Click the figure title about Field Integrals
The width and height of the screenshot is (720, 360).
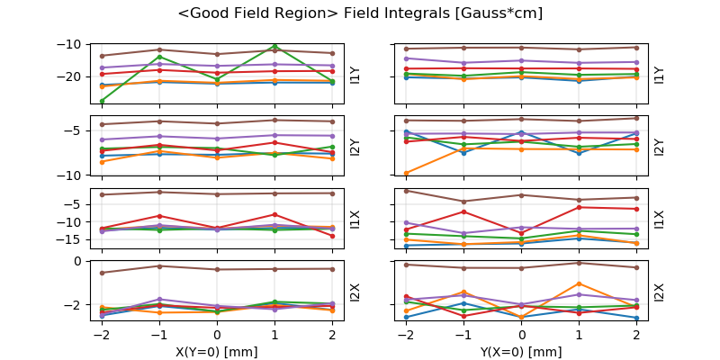tap(360, 13)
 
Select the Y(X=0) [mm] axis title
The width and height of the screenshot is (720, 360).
tap(521, 352)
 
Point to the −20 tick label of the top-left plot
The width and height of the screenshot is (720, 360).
tap(70, 76)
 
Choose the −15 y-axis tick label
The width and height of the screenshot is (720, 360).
tap(70, 239)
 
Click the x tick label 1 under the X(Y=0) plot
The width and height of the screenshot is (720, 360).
tap(274, 334)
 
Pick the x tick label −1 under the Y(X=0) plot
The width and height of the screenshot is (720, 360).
tap(462, 334)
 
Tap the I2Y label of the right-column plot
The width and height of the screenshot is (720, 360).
tap(659, 146)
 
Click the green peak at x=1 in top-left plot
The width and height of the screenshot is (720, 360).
tap(274, 46)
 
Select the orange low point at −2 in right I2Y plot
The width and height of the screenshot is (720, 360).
tap(406, 173)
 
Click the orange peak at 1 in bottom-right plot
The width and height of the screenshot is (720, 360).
tap(579, 283)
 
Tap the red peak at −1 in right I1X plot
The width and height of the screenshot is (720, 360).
tap(463, 211)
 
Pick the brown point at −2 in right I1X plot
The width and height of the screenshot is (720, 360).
tap(406, 191)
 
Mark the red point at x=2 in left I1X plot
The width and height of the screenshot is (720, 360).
tap(332, 236)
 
